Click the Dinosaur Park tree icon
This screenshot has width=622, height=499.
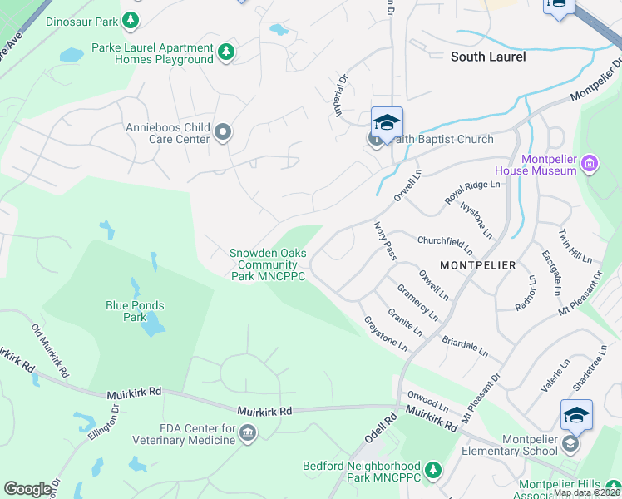(x=131, y=19)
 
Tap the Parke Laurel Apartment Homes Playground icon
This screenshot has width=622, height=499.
(x=225, y=53)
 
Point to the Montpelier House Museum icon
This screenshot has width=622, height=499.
(x=590, y=164)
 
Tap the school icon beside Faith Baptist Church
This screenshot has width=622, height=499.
(x=387, y=123)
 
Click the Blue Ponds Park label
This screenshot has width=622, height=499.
(x=135, y=311)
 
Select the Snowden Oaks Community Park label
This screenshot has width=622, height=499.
(x=269, y=264)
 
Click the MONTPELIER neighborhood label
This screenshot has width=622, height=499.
(x=477, y=264)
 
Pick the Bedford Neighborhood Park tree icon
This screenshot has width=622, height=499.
(x=432, y=472)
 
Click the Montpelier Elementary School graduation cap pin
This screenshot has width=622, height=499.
(x=576, y=415)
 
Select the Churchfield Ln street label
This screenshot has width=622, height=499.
(x=444, y=244)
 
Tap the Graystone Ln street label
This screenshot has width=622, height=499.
(x=386, y=333)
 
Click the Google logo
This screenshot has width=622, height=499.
(x=27, y=489)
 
